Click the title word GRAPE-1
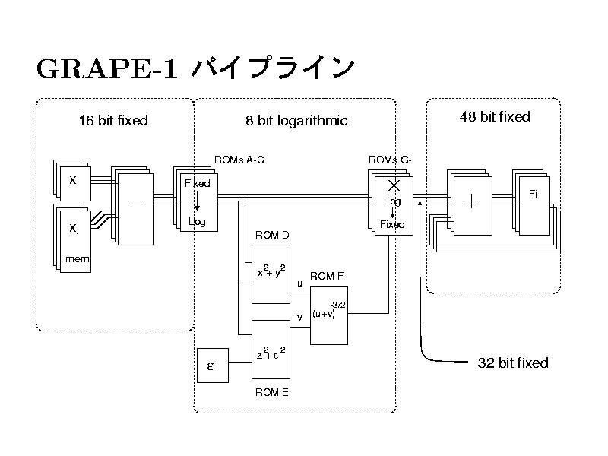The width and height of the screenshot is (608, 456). pyautogui.click(x=106, y=68)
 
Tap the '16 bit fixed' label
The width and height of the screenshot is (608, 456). pyautogui.click(x=113, y=120)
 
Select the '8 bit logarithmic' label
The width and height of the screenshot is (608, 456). pyautogui.click(x=296, y=120)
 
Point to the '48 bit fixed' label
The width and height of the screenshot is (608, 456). pyautogui.click(x=495, y=116)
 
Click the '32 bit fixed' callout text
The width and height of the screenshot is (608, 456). pyautogui.click(x=512, y=363)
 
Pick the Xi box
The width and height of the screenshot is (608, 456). pyautogui.click(x=74, y=181)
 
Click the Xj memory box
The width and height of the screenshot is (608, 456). pyautogui.click(x=75, y=236)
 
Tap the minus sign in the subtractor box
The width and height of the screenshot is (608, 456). pyautogui.click(x=135, y=201)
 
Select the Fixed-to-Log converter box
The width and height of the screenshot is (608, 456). pyautogui.click(x=198, y=203)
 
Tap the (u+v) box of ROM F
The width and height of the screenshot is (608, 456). pyautogui.click(x=329, y=313)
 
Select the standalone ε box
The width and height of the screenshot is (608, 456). pyautogui.click(x=212, y=365)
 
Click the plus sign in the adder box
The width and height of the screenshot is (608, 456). pyautogui.click(x=472, y=201)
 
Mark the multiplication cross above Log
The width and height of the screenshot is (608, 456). pyautogui.click(x=394, y=185)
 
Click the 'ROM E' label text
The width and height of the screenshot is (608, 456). pyautogui.click(x=271, y=392)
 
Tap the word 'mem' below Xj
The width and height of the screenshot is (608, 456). pyautogui.click(x=77, y=259)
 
